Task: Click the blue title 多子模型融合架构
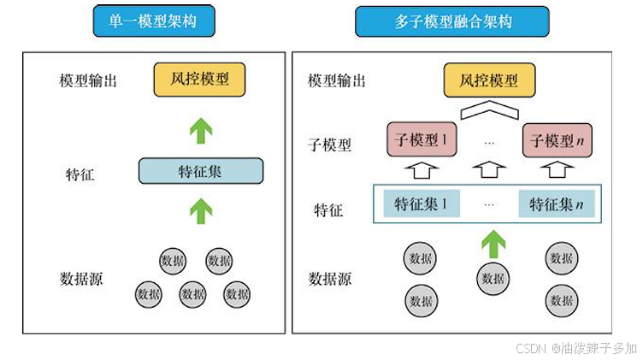(x=451, y=21)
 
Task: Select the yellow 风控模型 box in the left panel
(x=199, y=81)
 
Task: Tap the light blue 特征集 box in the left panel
(x=201, y=171)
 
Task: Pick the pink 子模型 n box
(x=557, y=139)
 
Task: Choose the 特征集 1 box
(x=421, y=204)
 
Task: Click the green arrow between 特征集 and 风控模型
(x=200, y=130)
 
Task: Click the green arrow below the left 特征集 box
(x=200, y=210)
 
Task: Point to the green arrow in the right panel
(x=492, y=242)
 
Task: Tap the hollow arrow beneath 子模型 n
(x=557, y=169)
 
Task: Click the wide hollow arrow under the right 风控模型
(x=489, y=111)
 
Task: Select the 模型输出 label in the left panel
(x=88, y=81)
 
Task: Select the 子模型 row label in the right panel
(x=329, y=145)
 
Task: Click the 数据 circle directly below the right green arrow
(x=493, y=278)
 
